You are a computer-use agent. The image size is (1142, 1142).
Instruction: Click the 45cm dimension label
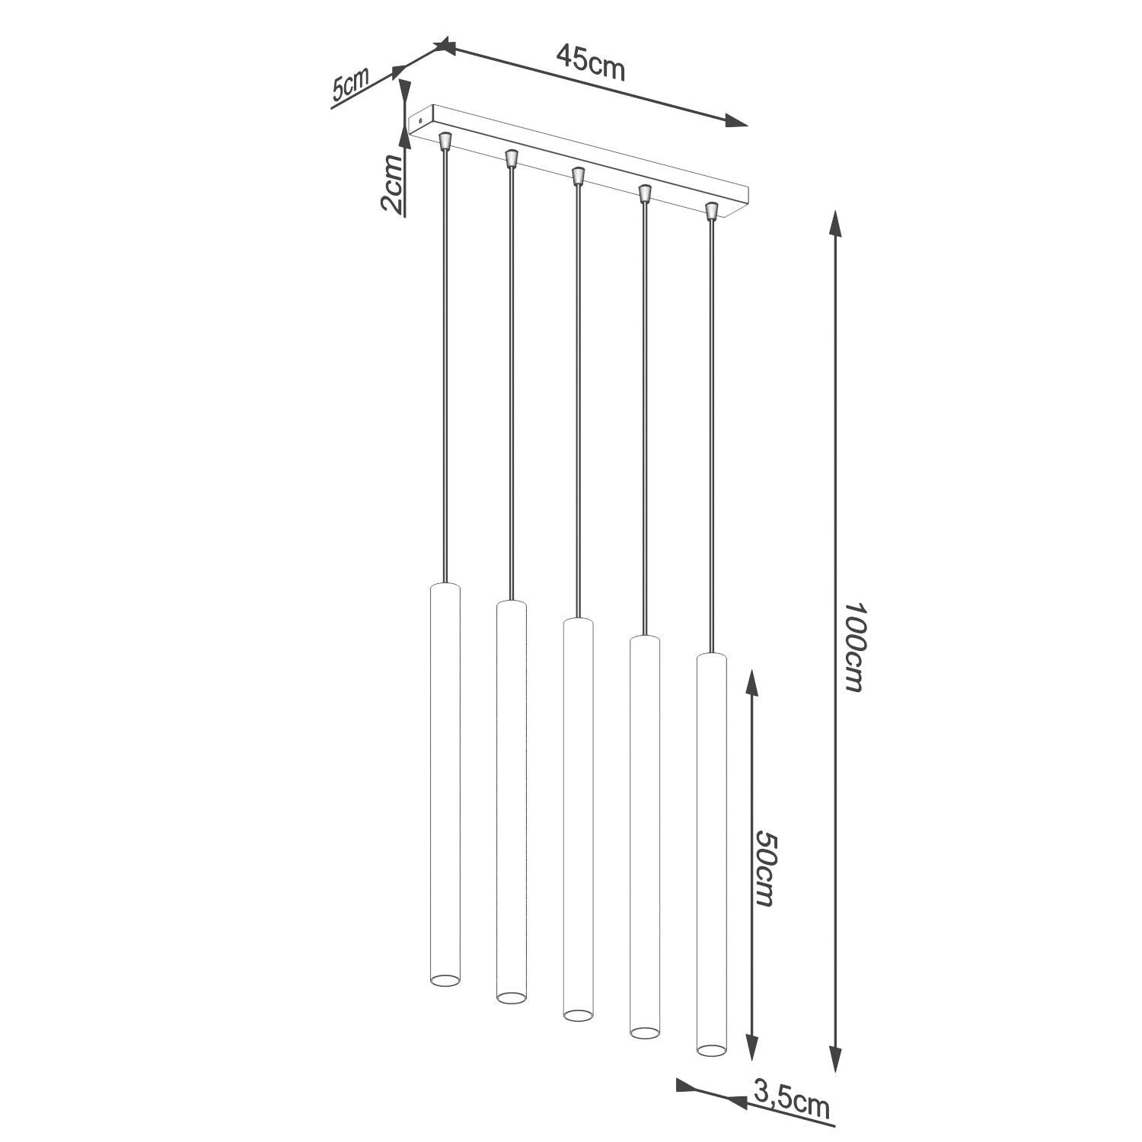coord(590,62)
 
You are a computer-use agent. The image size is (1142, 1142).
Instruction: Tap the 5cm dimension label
coord(349,85)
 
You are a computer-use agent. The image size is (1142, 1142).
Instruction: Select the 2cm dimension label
coord(391,183)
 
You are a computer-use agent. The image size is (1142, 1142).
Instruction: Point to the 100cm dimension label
coord(855,647)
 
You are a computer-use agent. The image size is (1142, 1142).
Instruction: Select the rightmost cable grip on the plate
coord(712,209)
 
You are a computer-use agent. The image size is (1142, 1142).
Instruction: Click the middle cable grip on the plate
coord(578,175)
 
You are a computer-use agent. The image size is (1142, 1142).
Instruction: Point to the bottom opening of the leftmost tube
coord(445,978)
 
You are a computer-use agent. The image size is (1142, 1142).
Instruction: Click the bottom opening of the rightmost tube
coord(711,1049)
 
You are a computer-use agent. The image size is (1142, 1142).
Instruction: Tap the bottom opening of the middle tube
coord(578,1014)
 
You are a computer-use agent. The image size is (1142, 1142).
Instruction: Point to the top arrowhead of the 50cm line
coord(751,682)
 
